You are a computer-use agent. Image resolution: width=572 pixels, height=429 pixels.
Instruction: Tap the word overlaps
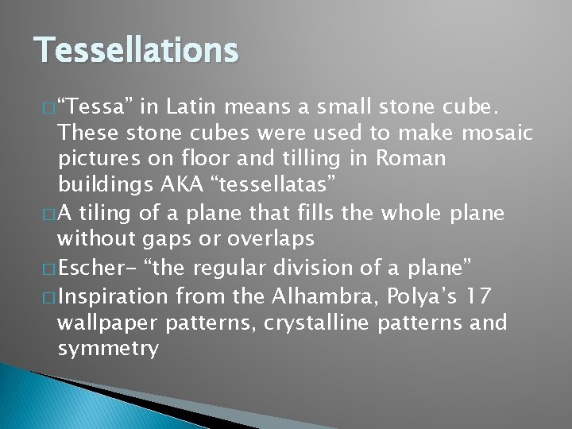coord(271,238)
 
